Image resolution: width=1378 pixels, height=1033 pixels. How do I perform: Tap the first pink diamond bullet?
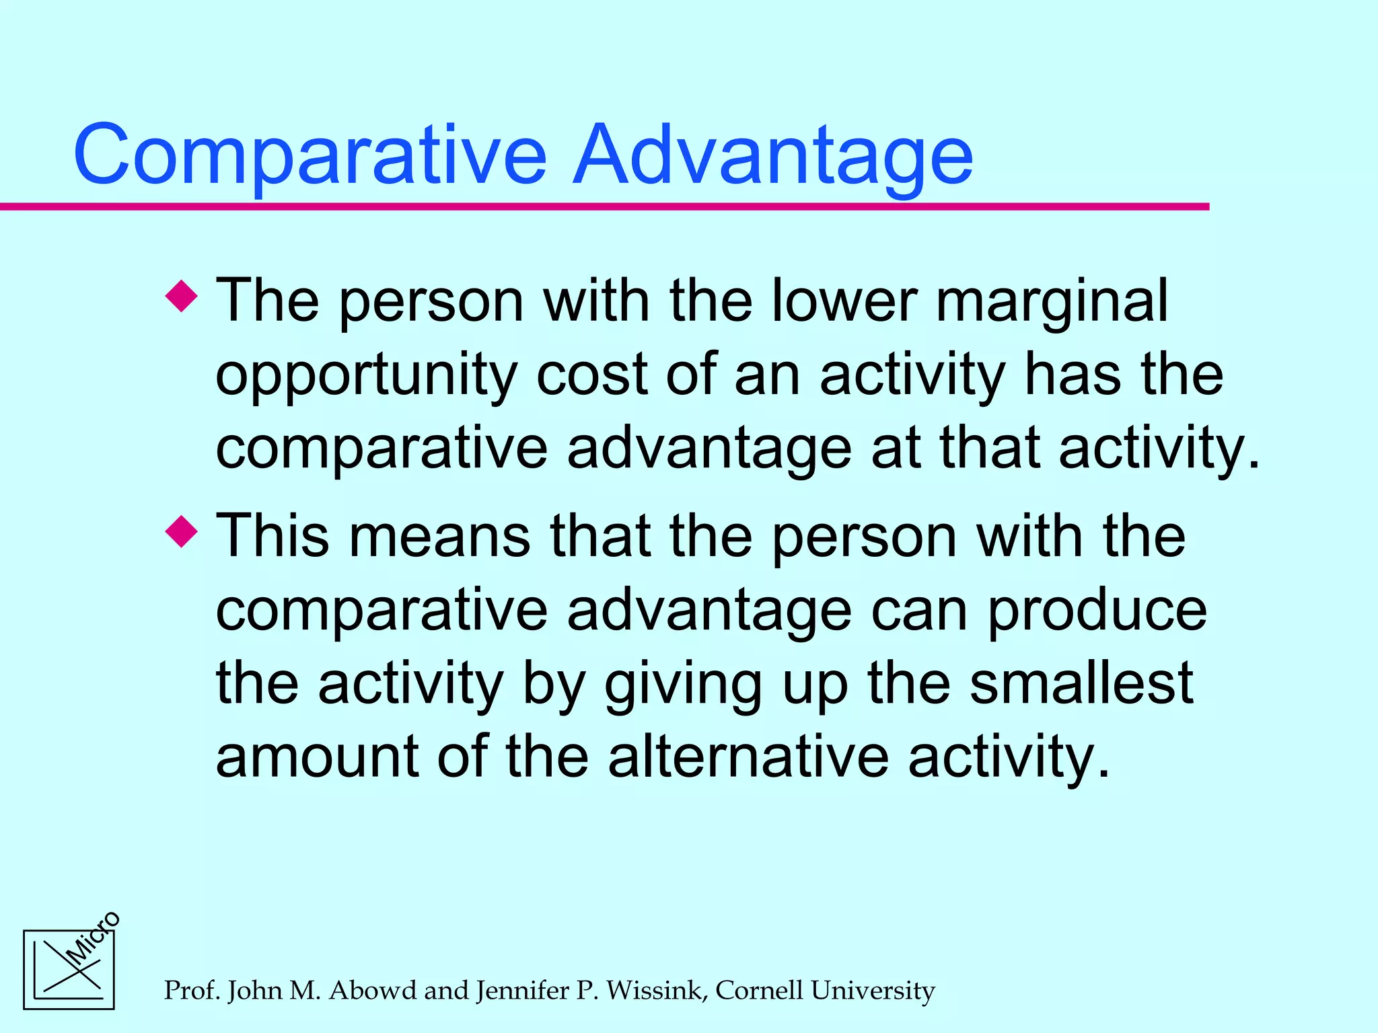182,296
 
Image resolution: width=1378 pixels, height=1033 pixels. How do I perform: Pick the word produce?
1097,612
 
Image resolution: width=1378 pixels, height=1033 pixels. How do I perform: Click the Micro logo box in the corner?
69,970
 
